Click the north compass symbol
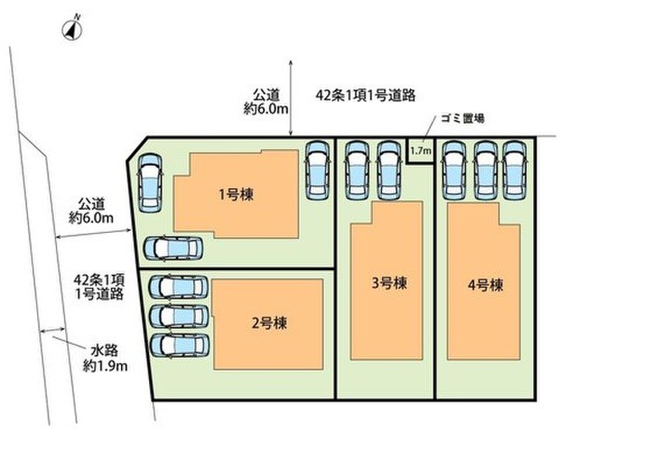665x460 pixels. click(x=73, y=29)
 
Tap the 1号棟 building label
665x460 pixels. click(x=236, y=195)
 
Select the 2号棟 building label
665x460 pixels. click(x=270, y=324)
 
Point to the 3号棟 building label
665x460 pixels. click(x=390, y=283)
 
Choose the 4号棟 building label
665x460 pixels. click(x=486, y=285)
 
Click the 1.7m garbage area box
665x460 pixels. click(x=420, y=150)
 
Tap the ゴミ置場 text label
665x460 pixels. click(x=462, y=118)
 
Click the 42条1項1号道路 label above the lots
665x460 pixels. click(x=366, y=95)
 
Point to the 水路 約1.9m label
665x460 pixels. click(x=105, y=358)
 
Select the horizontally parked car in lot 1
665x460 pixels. click(x=173, y=248)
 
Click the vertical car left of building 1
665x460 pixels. click(x=150, y=183)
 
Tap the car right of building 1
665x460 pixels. click(x=318, y=171)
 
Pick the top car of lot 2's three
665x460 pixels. click(x=179, y=288)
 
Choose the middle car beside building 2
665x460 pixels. click(x=179, y=316)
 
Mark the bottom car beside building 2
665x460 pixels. click(x=180, y=345)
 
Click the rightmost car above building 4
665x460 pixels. click(x=514, y=171)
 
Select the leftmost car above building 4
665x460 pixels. click(x=454, y=171)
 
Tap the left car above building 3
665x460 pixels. click(x=357, y=171)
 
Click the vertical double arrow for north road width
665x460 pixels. click(x=291, y=97)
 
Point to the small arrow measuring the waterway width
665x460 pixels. click(x=52, y=330)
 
